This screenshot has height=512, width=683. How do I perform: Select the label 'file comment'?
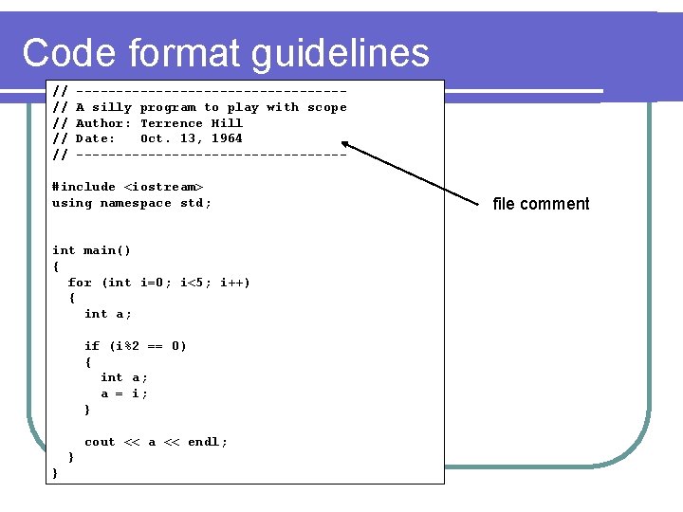click(541, 204)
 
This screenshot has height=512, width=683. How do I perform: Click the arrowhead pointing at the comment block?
click(348, 145)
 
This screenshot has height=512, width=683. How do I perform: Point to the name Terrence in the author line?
click(172, 123)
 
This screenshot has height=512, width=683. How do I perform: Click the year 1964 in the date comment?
click(227, 138)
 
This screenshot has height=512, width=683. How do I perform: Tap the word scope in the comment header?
click(327, 108)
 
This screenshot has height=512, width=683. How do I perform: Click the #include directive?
click(83, 187)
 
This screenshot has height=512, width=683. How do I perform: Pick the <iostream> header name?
click(164, 187)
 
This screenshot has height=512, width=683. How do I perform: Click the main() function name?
click(107, 250)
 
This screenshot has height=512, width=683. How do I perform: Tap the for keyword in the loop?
click(80, 283)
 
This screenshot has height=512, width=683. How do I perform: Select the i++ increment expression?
click(234, 283)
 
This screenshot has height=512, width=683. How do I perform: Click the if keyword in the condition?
click(92, 346)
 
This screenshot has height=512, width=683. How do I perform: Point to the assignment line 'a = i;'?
click(124, 393)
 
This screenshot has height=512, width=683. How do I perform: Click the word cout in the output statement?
click(100, 442)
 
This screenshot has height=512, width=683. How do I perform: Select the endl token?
click(204, 442)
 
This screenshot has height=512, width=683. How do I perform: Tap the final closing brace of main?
click(55, 473)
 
